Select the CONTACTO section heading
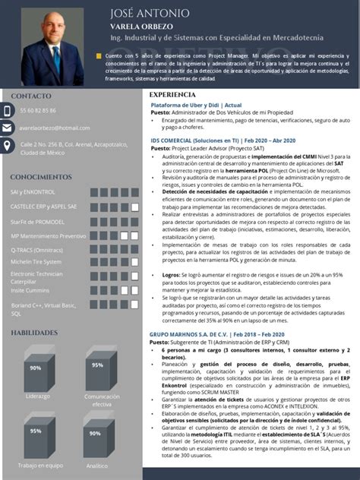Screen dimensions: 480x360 [x=31, y=96]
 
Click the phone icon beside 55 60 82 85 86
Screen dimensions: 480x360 [x=8, y=111]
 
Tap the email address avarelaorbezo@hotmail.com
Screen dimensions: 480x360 [x=55, y=128]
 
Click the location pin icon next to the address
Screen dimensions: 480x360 [x=8, y=145]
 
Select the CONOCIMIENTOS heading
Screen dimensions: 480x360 [x=41, y=177]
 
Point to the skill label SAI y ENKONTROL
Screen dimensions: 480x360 [x=33, y=192]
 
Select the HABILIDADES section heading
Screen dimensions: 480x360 [x=34, y=333]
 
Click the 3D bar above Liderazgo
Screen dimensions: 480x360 [x=36, y=369]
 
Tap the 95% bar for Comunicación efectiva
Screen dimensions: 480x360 [x=97, y=367]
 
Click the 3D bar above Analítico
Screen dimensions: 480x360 [x=96, y=434]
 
